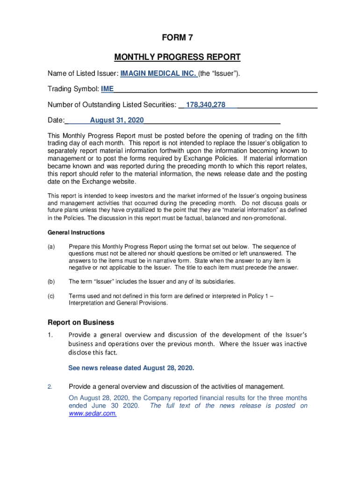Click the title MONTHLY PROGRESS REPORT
click(x=177, y=58)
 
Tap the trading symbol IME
click(x=107, y=89)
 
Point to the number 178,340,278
click(x=206, y=105)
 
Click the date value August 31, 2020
click(x=117, y=121)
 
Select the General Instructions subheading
click(x=76, y=232)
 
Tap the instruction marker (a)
click(x=51, y=247)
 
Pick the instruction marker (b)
click(x=51, y=282)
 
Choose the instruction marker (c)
click(x=51, y=296)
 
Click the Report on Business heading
click(x=81, y=322)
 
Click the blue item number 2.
click(x=50, y=387)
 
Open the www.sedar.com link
click(x=93, y=414)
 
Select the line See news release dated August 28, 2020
click(x=131, y=368)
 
